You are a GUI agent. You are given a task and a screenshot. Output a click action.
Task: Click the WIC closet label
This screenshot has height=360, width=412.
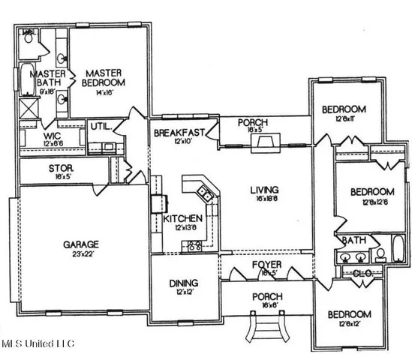pyautogui.click(x=31, y=136)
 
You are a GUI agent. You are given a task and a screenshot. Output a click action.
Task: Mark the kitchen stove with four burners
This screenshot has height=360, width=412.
pyautogui.click(x=194, y=244)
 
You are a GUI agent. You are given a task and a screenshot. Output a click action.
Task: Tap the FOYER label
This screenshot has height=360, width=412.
pyautogui.click(x=266, y=265)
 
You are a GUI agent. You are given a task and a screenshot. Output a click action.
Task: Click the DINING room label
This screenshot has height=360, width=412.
pyautogui.click(x=184, y=283)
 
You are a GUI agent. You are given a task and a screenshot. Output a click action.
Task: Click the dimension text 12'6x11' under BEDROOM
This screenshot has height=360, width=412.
pyautogui.click(x=343, y=118)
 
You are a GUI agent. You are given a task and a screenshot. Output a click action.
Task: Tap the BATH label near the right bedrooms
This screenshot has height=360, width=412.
pyautogui.click(x=352, y=241)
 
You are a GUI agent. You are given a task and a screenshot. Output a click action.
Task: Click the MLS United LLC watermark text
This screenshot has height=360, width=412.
pyautogui.click(x=38, y=344)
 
